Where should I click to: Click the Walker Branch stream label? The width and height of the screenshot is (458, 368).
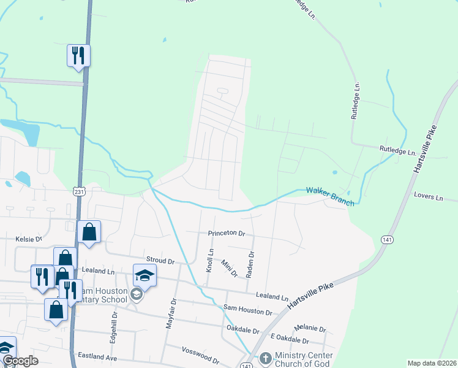[330, 196]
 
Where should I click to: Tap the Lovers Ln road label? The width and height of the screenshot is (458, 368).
[428, 197]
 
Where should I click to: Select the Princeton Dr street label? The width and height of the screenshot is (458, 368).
[226, 234]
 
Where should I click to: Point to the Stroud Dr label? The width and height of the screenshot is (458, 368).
[160, 261]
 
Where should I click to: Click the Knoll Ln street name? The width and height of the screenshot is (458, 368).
[210, 261]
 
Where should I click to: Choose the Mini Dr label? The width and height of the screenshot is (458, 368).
[229, 268]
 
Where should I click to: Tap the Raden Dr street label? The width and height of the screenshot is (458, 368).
[250, 264]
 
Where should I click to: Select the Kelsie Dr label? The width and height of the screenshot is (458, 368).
[28, 238]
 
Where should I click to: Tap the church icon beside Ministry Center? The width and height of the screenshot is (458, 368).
[265, 357]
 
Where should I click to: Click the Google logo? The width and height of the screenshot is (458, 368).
[20, 361]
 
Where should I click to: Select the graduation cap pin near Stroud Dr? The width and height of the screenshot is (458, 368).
[145, 275]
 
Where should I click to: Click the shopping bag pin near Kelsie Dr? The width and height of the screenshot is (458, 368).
[89, 232]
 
